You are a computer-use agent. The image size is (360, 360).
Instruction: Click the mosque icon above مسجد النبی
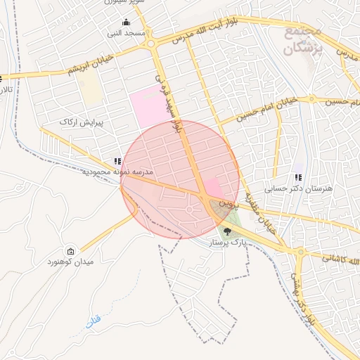pos(126,22)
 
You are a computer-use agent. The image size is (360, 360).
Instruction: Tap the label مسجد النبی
pos(126,33)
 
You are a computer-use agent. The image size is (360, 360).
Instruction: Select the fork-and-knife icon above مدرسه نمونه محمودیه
pos(117,161)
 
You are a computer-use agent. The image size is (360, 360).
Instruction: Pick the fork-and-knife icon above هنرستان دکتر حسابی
pos(298,178)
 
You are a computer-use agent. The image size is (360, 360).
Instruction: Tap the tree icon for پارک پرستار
pos(226,230)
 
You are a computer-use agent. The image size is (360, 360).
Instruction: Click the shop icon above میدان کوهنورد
pos(70,252)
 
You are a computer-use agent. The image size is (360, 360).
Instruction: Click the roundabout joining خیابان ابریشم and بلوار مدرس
pos(150,44)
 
